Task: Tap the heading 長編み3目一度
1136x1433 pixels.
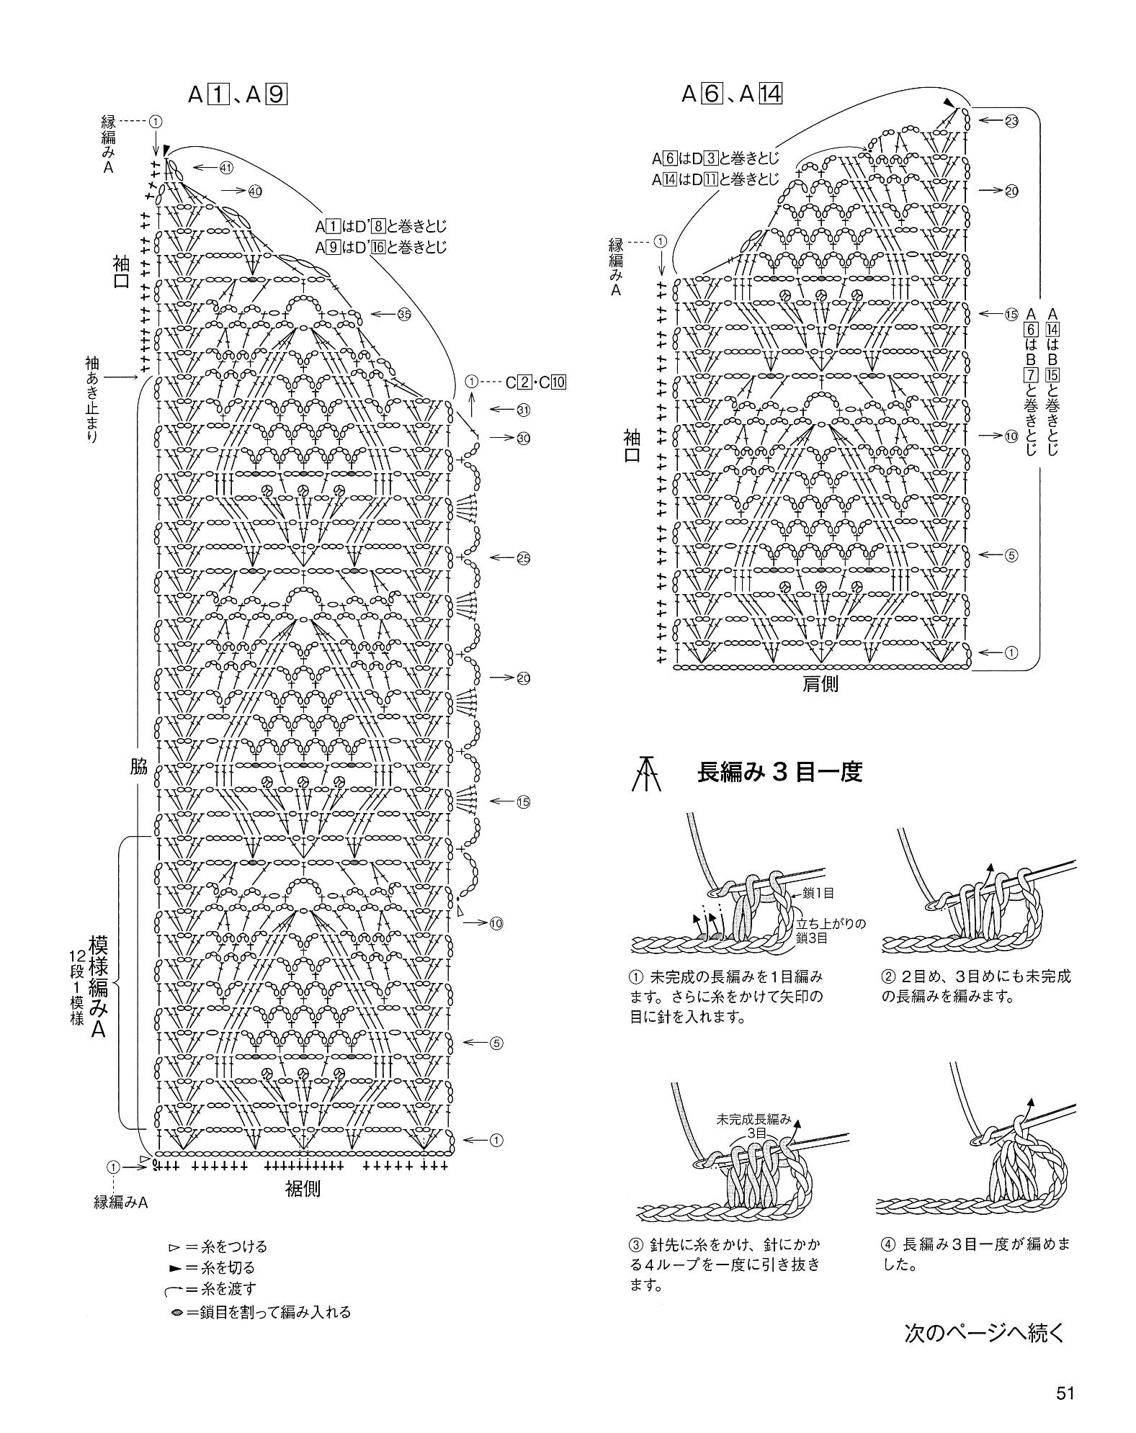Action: (x=779, y=773)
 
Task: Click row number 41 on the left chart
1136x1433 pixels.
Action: (x=226, y=168)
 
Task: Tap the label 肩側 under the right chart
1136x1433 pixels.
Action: (x=820, y=683)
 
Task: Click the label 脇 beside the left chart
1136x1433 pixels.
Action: (x=139, y=766)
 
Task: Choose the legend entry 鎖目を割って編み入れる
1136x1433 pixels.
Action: (x=261, y=1311)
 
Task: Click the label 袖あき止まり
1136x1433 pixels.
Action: (x=93, y=400)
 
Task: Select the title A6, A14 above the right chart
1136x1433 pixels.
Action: (x=732, y=94)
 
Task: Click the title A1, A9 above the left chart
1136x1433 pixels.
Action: (x=238, y=94)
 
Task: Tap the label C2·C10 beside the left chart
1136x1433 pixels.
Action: (x=535, y=382)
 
